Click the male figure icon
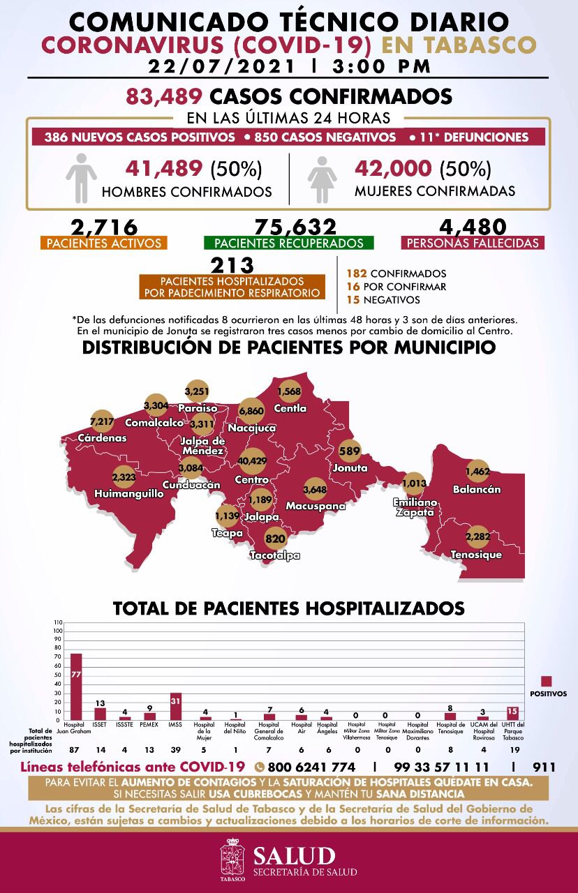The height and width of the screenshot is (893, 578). click(x=81, y=178)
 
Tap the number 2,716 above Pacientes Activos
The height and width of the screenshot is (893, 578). click(x=104, y=227)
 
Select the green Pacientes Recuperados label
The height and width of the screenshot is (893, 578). click(x=289, y=243)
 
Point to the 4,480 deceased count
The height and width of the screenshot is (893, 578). click(x=473, y=227)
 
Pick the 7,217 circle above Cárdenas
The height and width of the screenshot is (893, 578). click(x=102, y=421)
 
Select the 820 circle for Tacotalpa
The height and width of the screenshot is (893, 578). click(x=275, y=539)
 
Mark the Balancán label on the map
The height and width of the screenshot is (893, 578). click(x=476, y=489)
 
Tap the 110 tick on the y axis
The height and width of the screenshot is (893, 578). click(x=58, y=622)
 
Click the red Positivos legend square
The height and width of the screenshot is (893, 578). click(x=547, y=681)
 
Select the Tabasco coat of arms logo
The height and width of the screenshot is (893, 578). click(x=232, y=860)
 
